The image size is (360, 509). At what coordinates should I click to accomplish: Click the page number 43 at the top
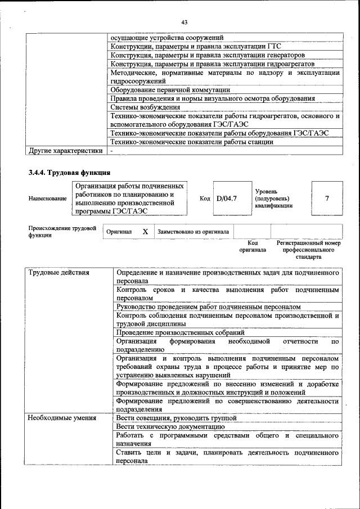pos(184,22)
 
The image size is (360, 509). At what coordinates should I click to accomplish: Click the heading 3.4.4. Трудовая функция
pos(69,172)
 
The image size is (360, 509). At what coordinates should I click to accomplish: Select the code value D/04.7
pos(227,199)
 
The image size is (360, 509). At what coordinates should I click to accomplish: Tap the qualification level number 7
pos(327,198)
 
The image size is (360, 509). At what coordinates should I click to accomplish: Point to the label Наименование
pos(47,199)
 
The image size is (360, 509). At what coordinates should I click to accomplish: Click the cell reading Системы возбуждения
pos(145,107)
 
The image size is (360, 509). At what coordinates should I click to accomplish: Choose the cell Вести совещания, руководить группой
pos(176,418)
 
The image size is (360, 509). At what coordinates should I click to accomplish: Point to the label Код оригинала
pos(252,246)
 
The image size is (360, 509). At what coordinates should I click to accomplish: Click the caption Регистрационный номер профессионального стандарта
pos(309,249)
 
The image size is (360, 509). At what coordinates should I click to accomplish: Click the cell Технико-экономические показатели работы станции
pos(192,142)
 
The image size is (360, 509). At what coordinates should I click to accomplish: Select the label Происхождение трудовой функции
pos(62,231)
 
